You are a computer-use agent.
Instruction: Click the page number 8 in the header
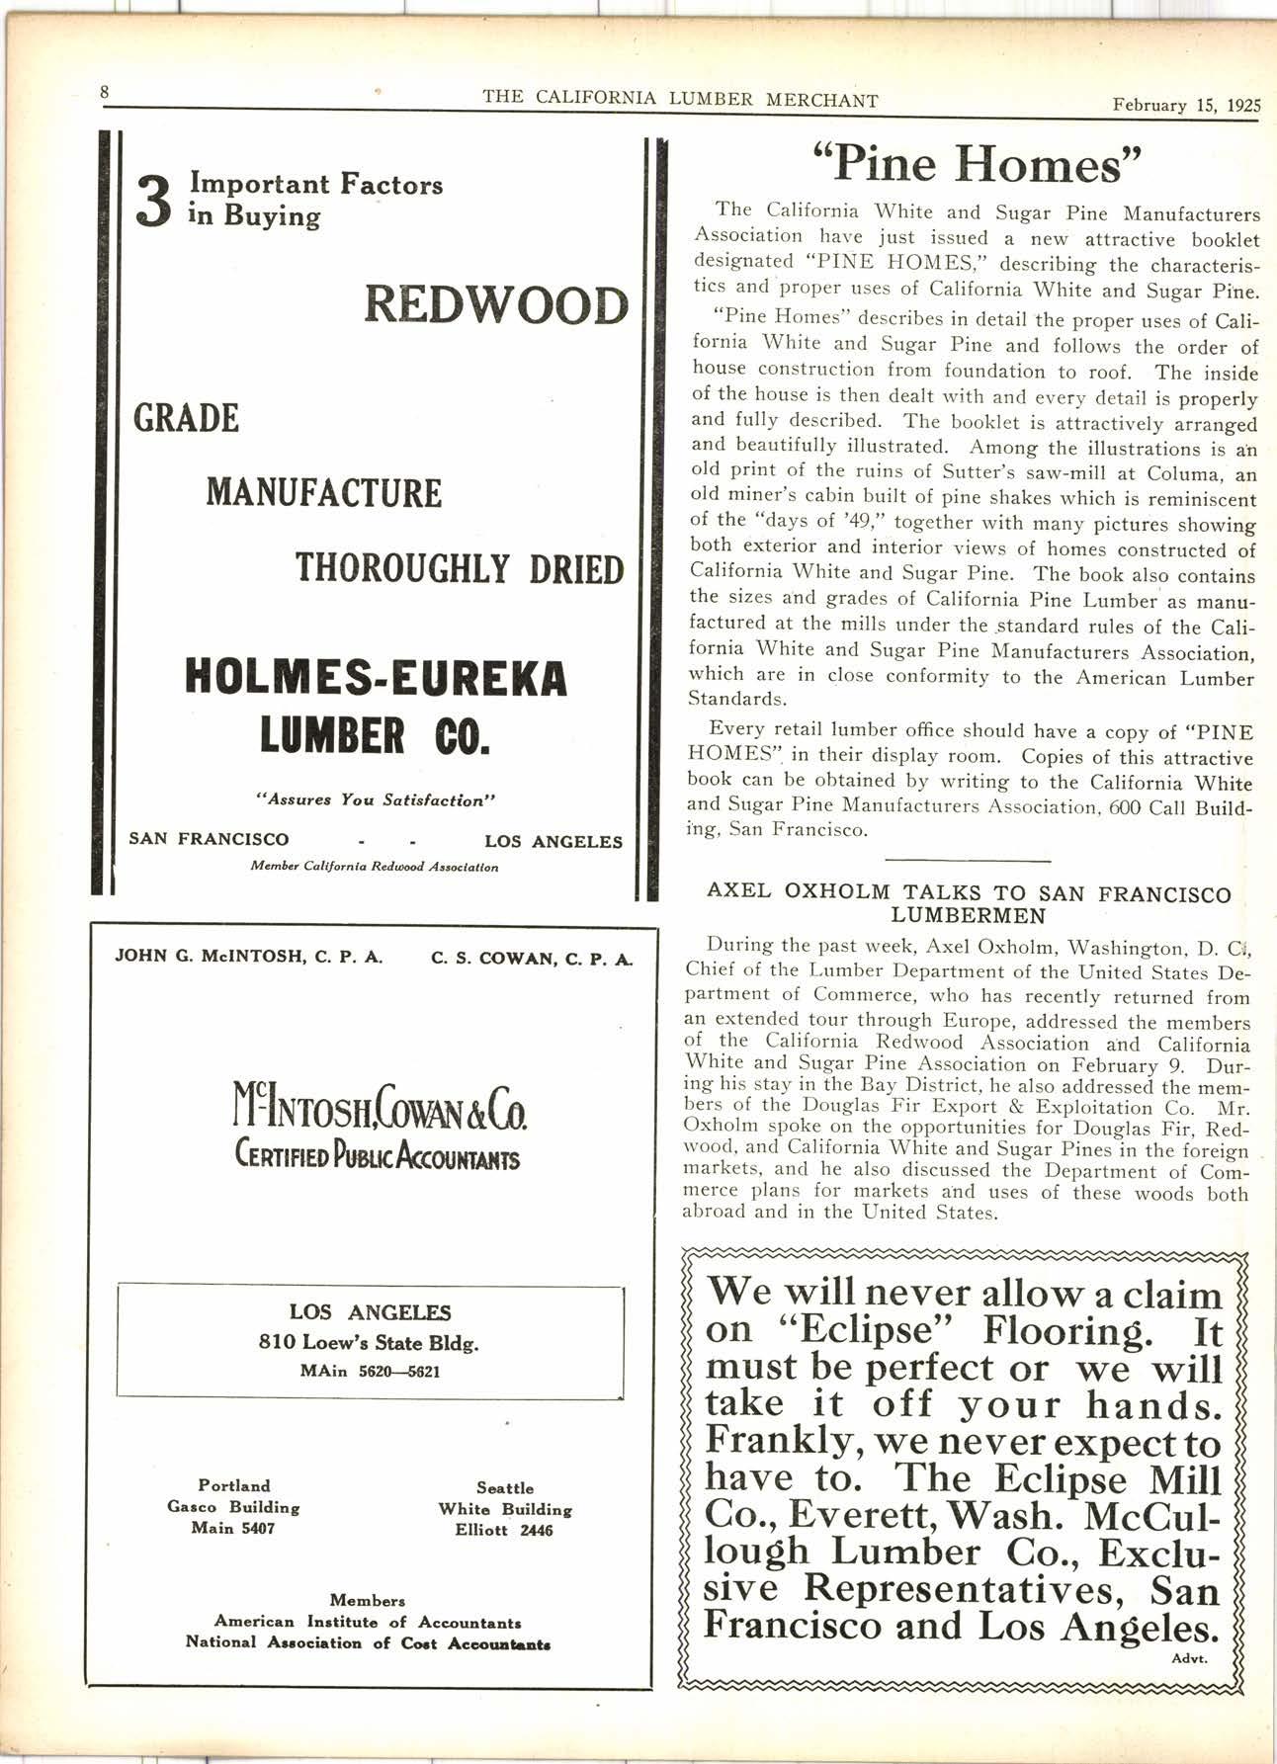[x=103, y=93]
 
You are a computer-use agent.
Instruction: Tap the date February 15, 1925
[x=1186, y=106]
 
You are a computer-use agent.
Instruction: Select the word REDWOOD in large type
[x=496, y=304]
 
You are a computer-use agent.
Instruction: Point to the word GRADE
[x=186, y=418]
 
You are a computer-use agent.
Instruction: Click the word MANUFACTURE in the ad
[x=323, y=492]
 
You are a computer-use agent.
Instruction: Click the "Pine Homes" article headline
[x=977, y=164]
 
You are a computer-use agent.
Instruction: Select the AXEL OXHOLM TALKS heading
[x=969, y=903]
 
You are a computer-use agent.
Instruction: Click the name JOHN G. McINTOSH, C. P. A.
[x=249, y=957]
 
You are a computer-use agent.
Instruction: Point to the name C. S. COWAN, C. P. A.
[x=532, y=959]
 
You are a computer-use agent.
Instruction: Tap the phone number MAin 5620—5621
[x=370, y=1372]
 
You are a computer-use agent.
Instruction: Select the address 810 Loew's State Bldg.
[x=370, y=1343]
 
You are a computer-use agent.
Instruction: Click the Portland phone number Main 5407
[x=233, y=1529]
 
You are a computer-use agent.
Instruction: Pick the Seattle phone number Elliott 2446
[x=504, y=1531]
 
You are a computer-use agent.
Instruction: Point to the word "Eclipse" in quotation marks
[x=874, y=1331]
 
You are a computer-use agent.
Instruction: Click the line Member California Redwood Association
[x=375, y=867]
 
